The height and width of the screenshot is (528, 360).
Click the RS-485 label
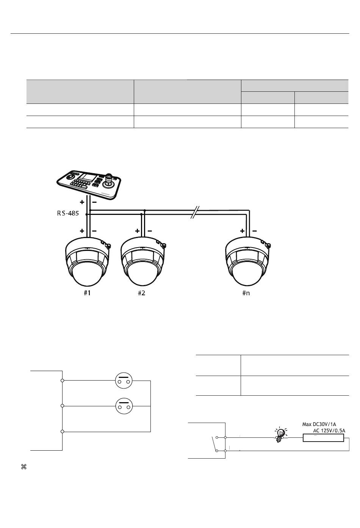click(x=68, y=213)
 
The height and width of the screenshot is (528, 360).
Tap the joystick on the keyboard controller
click(x=109, y=180)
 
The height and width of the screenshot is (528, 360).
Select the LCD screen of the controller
click(x=85, y=177)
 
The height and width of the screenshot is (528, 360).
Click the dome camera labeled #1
click(x=88, y=262)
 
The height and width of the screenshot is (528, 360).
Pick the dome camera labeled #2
click(x=143, y=262)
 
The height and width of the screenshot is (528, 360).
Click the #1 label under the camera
click(x=87, y=293)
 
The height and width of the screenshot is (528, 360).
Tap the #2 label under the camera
click(x=141, y=293)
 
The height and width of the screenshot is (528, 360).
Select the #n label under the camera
click(x=246, y=293)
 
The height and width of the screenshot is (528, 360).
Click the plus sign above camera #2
click(x=137, y=231)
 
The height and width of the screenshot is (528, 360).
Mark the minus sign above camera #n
click(x=254, y=231)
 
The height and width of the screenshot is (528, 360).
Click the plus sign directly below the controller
click(x=82, y=202)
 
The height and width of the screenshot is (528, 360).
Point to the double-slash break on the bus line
click(x=195, y=212)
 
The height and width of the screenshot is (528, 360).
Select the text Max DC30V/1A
click(x=319, y=425)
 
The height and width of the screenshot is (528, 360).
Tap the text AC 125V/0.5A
click(x=329, y=431)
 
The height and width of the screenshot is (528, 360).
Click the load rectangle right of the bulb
click(x=323, y=438)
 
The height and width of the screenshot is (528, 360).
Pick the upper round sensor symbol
click(x=124, y=381)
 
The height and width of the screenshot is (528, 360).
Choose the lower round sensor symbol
click(x=124, y=406)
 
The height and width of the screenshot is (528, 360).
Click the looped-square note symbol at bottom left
click(x=24, y=467)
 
